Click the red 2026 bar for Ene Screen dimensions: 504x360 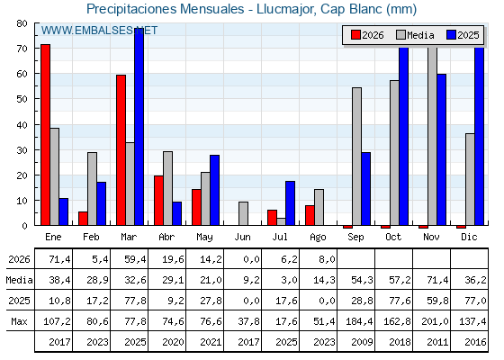tap(45, 135)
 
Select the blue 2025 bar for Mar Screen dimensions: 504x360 tap(139, 127)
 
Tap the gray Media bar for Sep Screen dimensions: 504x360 tap(356, 157)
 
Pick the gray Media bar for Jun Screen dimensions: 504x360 tap(243, 213)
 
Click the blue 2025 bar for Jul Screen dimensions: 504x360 tap(290, 203)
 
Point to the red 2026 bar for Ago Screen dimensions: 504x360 tap(310, 215)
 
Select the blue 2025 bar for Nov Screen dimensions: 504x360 tap(442, 149)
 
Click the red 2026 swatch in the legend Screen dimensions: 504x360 tap(355, 35)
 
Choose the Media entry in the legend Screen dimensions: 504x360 tap(415, 35)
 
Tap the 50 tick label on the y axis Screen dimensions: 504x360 tap(22, 99)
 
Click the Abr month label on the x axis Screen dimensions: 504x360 tap(166, 237)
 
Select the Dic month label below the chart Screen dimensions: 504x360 tap(469, 237)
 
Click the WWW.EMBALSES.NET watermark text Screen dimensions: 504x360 tap(99, 31)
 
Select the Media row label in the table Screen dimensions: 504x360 tap(19, 280)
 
